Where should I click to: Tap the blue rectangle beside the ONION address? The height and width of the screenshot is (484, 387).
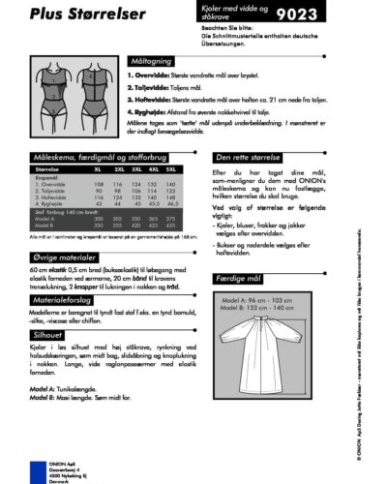point(38,473)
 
